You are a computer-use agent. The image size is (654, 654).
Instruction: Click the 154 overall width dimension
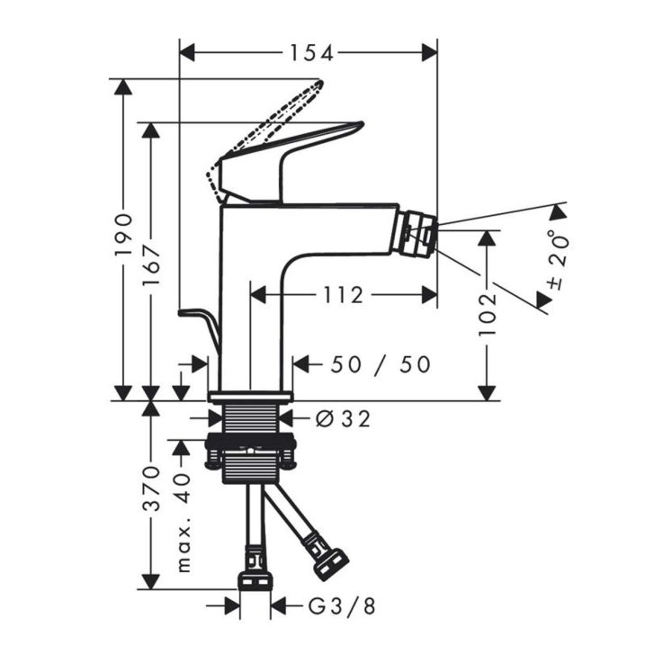(x=311, y=53)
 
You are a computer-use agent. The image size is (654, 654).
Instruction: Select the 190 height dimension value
(x=123, y=235)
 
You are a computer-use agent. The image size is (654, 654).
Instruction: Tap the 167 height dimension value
(x=151, y=264)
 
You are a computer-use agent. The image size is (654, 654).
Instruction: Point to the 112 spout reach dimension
(x=344, y=295)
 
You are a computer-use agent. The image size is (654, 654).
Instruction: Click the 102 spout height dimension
(x=487, y=315)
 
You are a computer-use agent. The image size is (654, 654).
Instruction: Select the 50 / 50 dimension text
(x=381, y=364)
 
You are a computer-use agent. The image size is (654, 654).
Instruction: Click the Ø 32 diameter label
(x=343, y=419)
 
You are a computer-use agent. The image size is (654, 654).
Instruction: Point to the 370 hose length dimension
(x=151, y=488)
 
